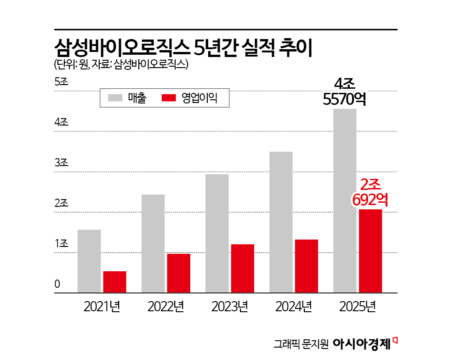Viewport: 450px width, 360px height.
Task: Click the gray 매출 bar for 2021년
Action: (89, 261)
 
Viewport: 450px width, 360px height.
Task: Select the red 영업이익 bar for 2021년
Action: (114, 281)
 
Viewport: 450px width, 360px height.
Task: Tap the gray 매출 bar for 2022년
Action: (153, 243)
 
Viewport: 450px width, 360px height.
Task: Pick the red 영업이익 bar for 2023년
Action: (243, 268)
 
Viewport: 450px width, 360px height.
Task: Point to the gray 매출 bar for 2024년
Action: (281, 222)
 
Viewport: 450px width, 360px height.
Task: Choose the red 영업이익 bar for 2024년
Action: (307, 266)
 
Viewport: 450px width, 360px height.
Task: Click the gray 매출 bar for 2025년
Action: (345, 200)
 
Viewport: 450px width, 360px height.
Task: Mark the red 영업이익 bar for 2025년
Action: (370, 251)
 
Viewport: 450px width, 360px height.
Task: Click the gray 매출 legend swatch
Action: (115, 98)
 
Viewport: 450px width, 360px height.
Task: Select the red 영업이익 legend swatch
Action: (169, 98)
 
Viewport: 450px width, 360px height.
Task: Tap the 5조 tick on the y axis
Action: (61, 82)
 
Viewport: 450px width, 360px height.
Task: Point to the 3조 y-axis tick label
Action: (61, 163)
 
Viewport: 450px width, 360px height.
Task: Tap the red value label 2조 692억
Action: (370, 192)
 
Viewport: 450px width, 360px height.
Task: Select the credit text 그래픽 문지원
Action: (301, 343)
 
